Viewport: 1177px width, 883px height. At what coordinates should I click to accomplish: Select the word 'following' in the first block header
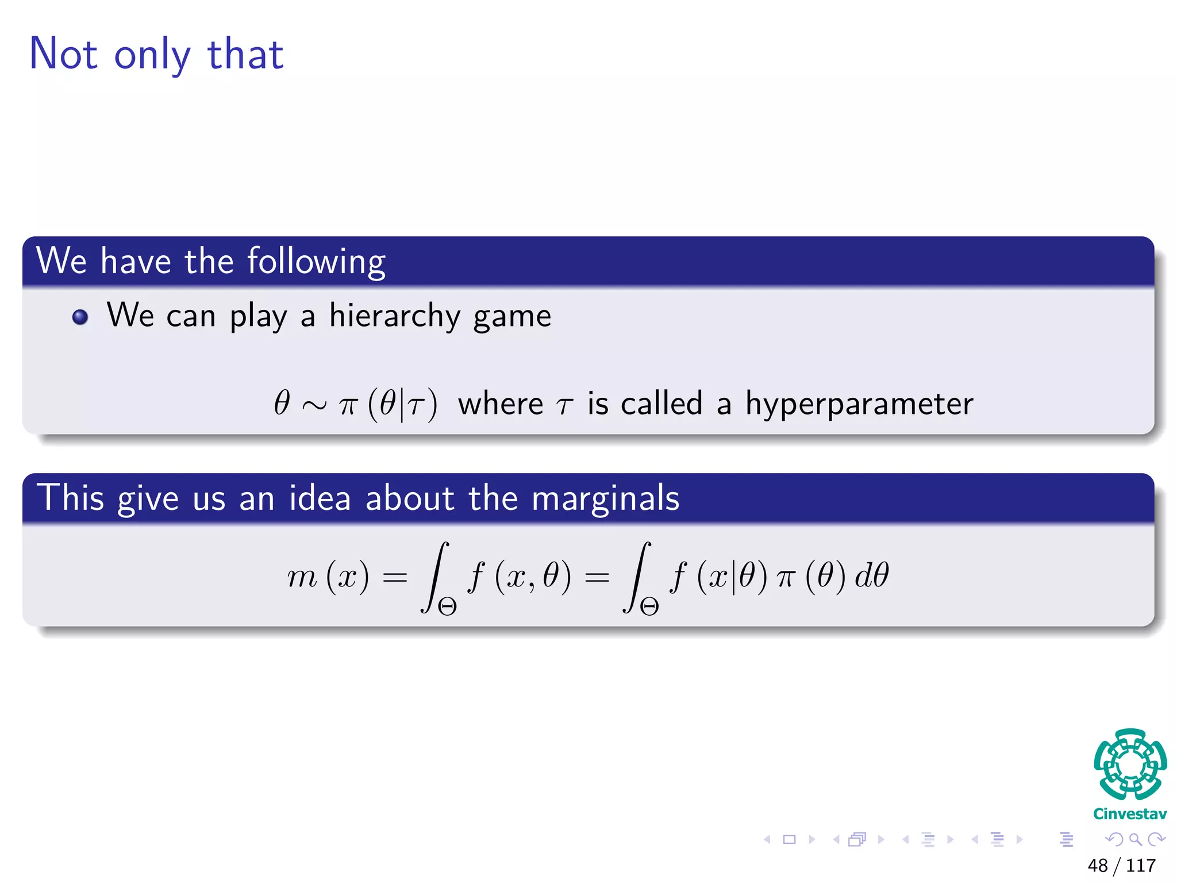(316, 262)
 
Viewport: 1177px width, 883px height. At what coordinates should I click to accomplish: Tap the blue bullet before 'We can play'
(80, 317)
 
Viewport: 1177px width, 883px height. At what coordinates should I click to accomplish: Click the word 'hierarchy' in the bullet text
(394, 316)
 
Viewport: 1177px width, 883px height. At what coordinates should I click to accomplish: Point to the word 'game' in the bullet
(512, 317)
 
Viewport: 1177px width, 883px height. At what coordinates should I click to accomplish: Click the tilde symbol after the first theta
(314, 405)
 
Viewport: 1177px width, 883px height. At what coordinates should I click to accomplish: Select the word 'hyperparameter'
(859, 404)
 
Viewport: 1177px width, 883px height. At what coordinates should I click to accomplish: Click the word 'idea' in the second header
(320, 497)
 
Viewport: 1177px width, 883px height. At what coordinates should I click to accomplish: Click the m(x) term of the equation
(328, 576)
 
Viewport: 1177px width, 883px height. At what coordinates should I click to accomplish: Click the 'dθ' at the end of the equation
(872, 575)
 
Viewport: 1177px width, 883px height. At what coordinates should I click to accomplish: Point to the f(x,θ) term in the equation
(520, 576)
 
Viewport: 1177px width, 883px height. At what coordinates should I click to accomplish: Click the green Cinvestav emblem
(1130, 764)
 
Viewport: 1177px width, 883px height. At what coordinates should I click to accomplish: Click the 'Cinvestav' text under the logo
(1130, 814)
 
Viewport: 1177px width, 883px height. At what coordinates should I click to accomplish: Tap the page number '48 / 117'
(1121, 865)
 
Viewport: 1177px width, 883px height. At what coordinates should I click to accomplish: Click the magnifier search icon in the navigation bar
(1135, 839)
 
